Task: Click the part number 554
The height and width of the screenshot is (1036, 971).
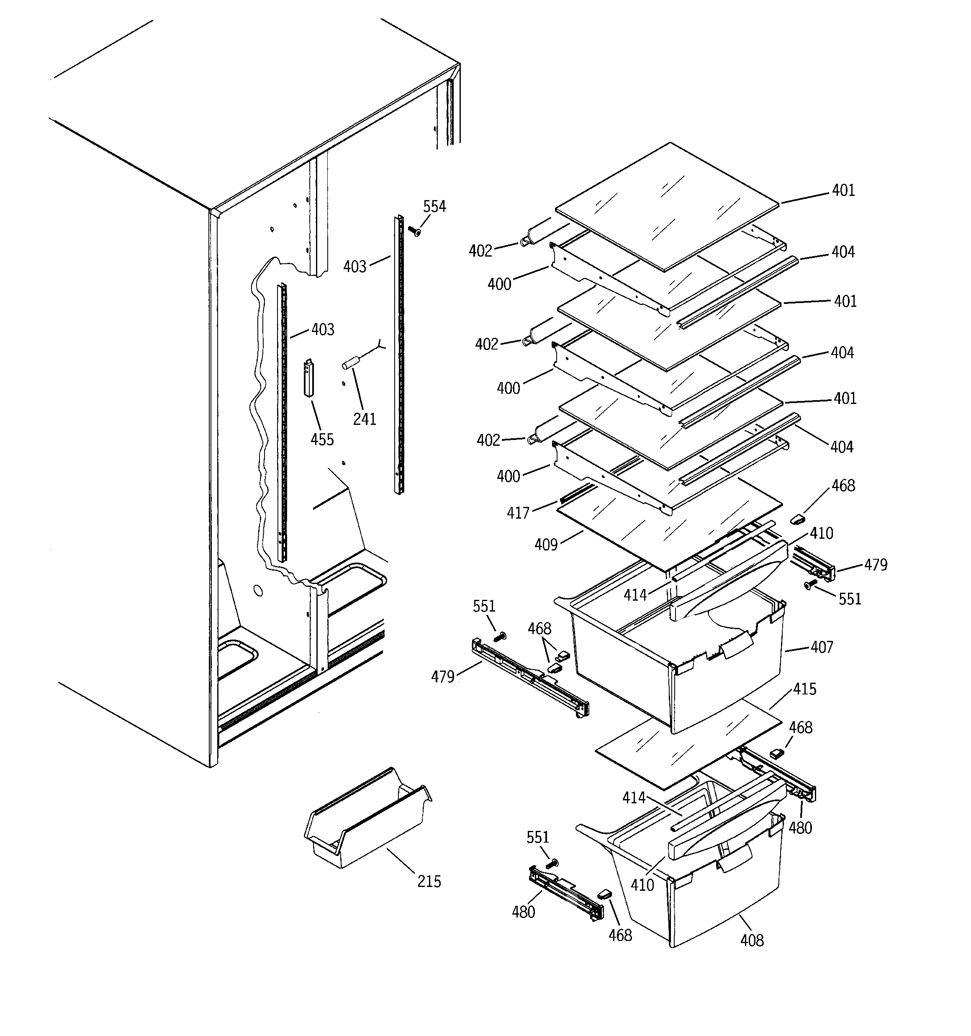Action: tap(434, 207)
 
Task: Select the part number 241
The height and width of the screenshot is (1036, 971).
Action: tap(364, 419)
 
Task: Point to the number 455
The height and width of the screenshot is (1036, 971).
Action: tap(322, 440)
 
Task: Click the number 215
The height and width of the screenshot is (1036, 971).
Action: tap(429, 882)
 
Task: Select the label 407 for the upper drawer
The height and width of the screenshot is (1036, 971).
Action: tap(822, 647)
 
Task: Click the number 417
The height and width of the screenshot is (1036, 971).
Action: tap(518, 513)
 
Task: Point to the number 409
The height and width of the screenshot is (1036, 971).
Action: tap(546, 545)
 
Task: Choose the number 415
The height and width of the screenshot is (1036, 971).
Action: tap(805, 689)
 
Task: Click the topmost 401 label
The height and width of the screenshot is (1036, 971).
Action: tap(843, 191)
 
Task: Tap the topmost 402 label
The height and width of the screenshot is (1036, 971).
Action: tap(480, 251)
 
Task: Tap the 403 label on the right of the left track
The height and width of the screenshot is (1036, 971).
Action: tap(323, 329)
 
